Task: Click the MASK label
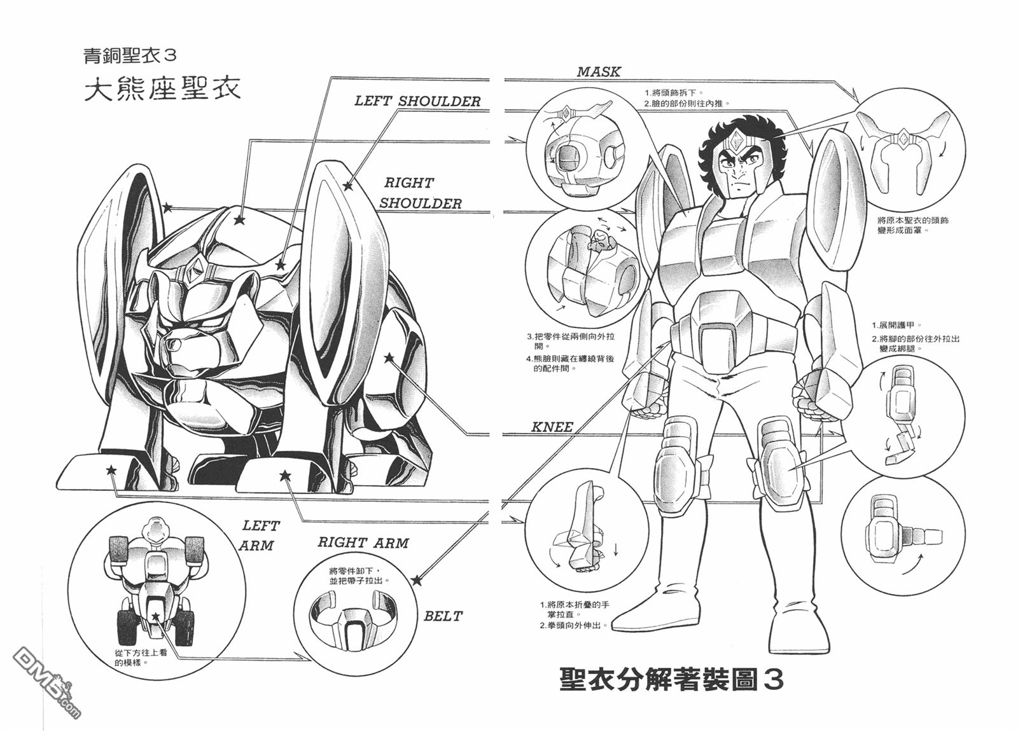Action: (x=598, y=72)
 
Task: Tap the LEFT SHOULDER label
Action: (x=417, y=101)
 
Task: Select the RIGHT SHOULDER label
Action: (x=420, y=193)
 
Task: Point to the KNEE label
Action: (x=552, y=427)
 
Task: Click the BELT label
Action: (x=443, y=616)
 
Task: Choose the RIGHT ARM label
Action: (x=363, y=543)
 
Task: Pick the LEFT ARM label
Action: (x=259, y=535)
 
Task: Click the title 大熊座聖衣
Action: (x=163, y=88)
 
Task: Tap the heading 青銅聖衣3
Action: (x=130, y=55)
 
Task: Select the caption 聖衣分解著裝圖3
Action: (x=671, y=679)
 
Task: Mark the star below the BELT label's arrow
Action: (x=417, y=580)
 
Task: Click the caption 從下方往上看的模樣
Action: (x=141, y=658)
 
